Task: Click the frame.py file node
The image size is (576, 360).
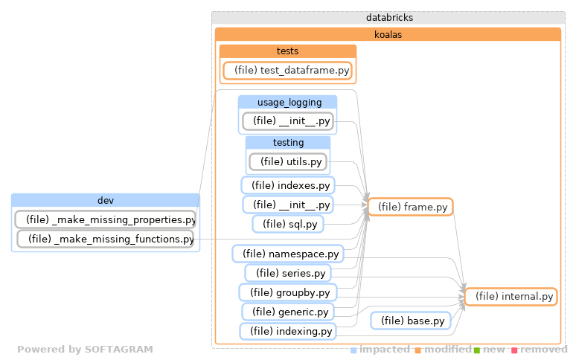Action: [x=411, y=207]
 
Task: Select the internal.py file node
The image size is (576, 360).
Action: [x=511, y=296]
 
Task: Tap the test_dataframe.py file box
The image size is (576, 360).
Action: [x=287, y=71]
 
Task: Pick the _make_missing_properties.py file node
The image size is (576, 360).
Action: [x=106, y=219]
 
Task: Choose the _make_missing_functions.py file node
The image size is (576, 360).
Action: [x=106, y=239]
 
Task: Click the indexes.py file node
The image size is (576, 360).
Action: [x=288, y=184]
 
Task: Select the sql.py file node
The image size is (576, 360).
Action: [x=288, y=223]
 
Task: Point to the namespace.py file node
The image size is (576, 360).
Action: [x=288, y=254]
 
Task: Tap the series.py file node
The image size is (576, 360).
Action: [x=288, y=274]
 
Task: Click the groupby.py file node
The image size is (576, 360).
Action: [x=288, y=292]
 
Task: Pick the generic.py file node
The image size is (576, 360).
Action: [x=288, y=311]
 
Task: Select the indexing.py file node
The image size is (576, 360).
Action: [x=288, y=331]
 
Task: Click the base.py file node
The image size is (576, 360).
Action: [x=412, y=321]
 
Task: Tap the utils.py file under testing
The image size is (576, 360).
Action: [x=288, y=161]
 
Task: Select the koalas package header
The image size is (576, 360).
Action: [x=388, y=34]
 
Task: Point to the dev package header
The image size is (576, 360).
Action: [x=106, y=200]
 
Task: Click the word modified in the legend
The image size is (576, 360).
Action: [x=447, y=350]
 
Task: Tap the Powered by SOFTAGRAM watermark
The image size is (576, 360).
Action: [x=85, y=349]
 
